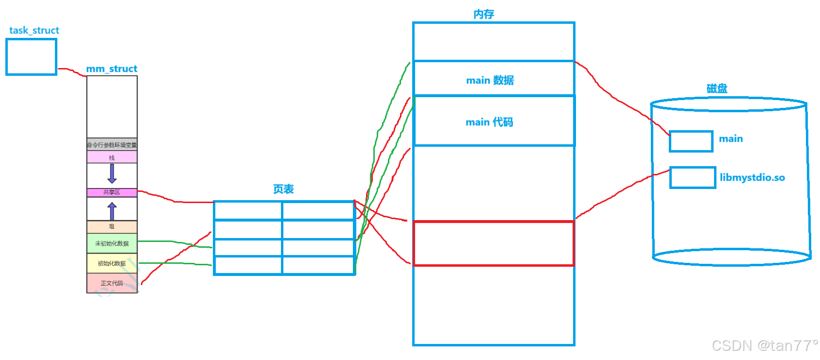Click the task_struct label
point(34,30)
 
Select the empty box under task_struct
point(31,57)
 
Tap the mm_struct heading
point(111,69)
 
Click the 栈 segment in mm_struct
point(112,157)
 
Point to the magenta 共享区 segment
point(112,192)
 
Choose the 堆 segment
point(112,226)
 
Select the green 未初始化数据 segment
point(112,243)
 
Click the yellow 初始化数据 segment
point(112,263)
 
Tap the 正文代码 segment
point(112,283)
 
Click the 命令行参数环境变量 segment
point(112,145)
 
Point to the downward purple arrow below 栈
point(112,173)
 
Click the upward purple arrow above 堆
point(112,211)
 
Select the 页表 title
point(283,189)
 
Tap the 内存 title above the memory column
point(484,14)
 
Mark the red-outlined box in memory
point(493,243)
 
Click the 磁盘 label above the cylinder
point(716,88)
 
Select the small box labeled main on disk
point(691,141)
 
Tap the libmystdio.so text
point(752,178)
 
